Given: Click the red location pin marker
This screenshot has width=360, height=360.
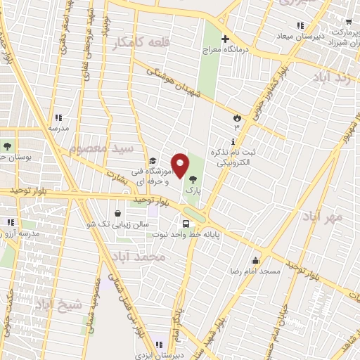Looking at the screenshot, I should coord(180,165).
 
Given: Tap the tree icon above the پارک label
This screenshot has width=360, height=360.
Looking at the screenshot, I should coord(193,180).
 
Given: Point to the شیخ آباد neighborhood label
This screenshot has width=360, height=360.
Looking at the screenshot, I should coord(59,304).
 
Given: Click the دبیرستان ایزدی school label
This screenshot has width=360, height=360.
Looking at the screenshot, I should coord(161,355).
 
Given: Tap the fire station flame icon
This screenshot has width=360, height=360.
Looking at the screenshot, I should coord(238,117).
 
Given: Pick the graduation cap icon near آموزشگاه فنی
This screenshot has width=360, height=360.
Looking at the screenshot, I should coord(153,161).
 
